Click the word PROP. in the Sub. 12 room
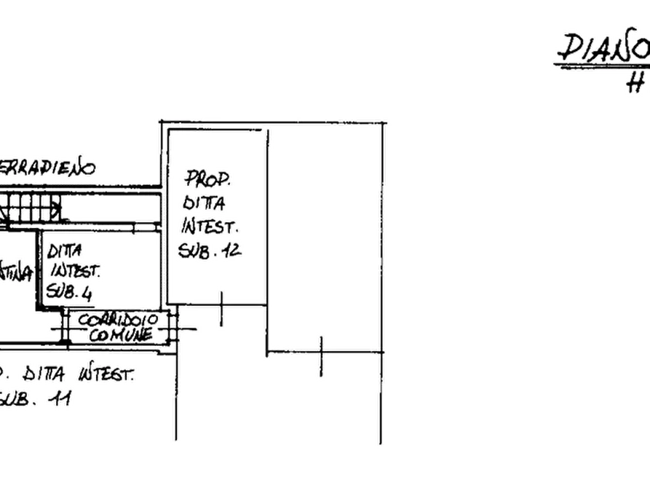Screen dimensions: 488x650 pos(210,177)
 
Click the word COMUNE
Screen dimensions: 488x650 pos(121,335)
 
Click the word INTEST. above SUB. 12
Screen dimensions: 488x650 pos(208,226)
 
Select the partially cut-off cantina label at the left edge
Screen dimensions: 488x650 pos(16,273)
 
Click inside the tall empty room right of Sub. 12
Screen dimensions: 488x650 pos(324,233)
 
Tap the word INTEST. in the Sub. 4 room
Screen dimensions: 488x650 pos(74,272)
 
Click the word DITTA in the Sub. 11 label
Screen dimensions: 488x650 pos(46,375)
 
